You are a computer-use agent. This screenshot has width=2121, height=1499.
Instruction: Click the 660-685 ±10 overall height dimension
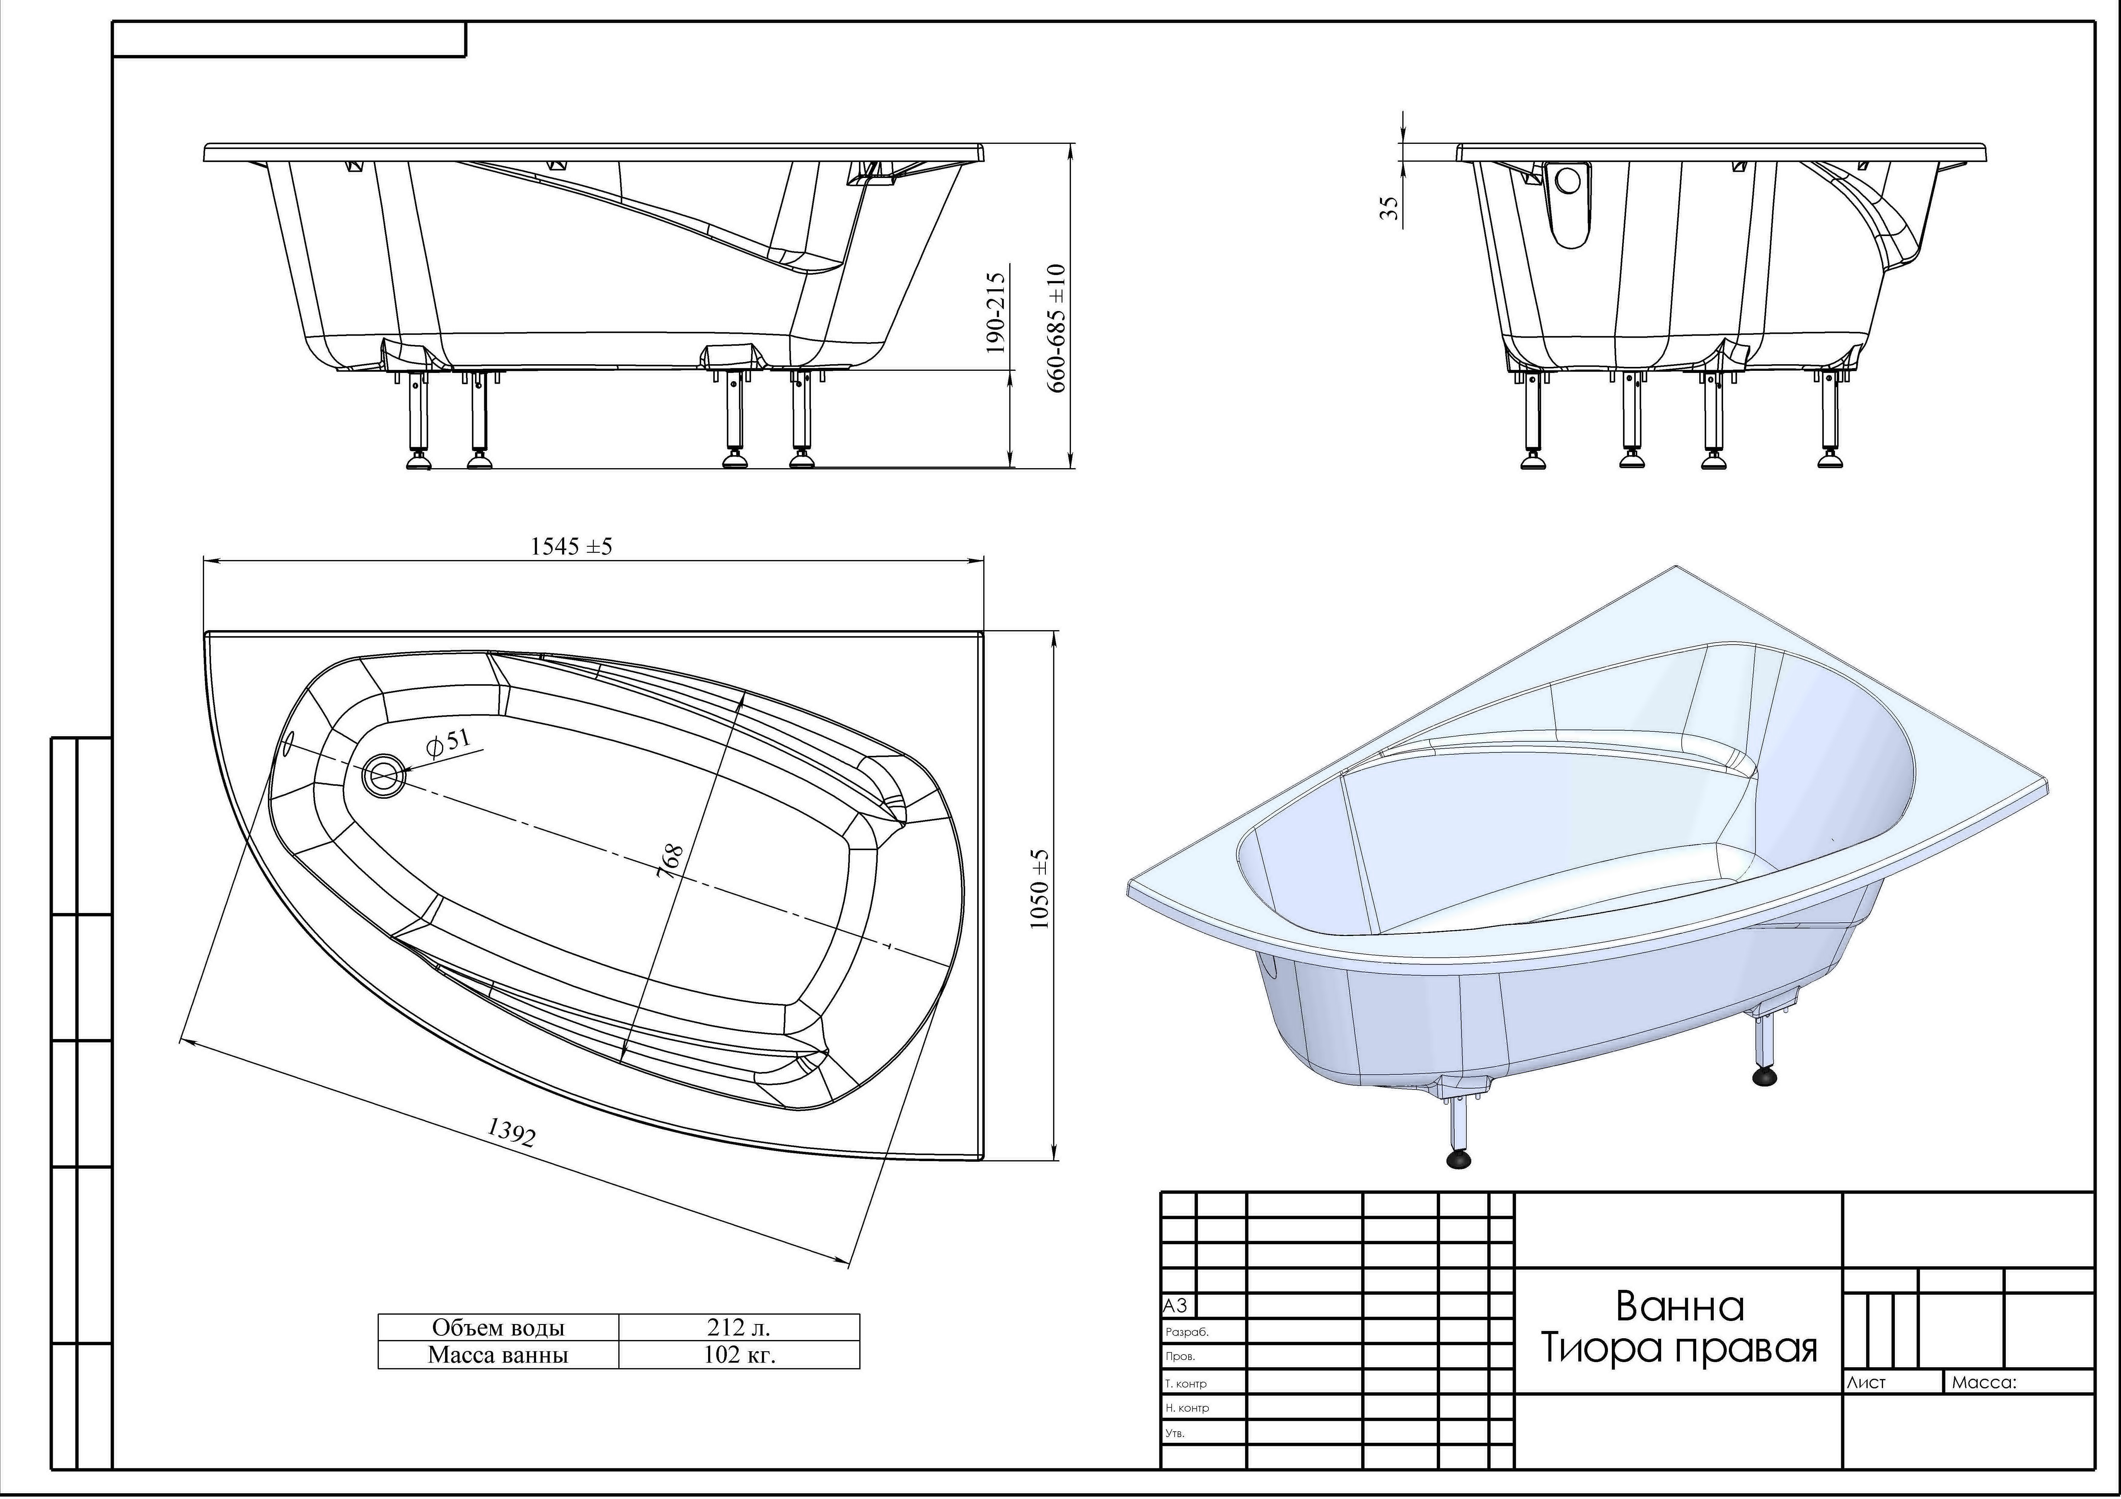pyautogui.click(x=1056, y=328)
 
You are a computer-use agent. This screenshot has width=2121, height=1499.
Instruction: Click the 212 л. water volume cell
pyautogui.click(x=739, y=1327)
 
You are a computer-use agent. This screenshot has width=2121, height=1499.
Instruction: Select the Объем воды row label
pyautogui.click(x=498, y=1327)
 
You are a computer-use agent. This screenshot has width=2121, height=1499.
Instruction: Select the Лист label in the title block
pyautogui.click(x=1866, y=1383)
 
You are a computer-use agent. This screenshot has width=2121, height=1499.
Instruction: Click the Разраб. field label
pyautogui.click(x=1187, y=1333)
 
